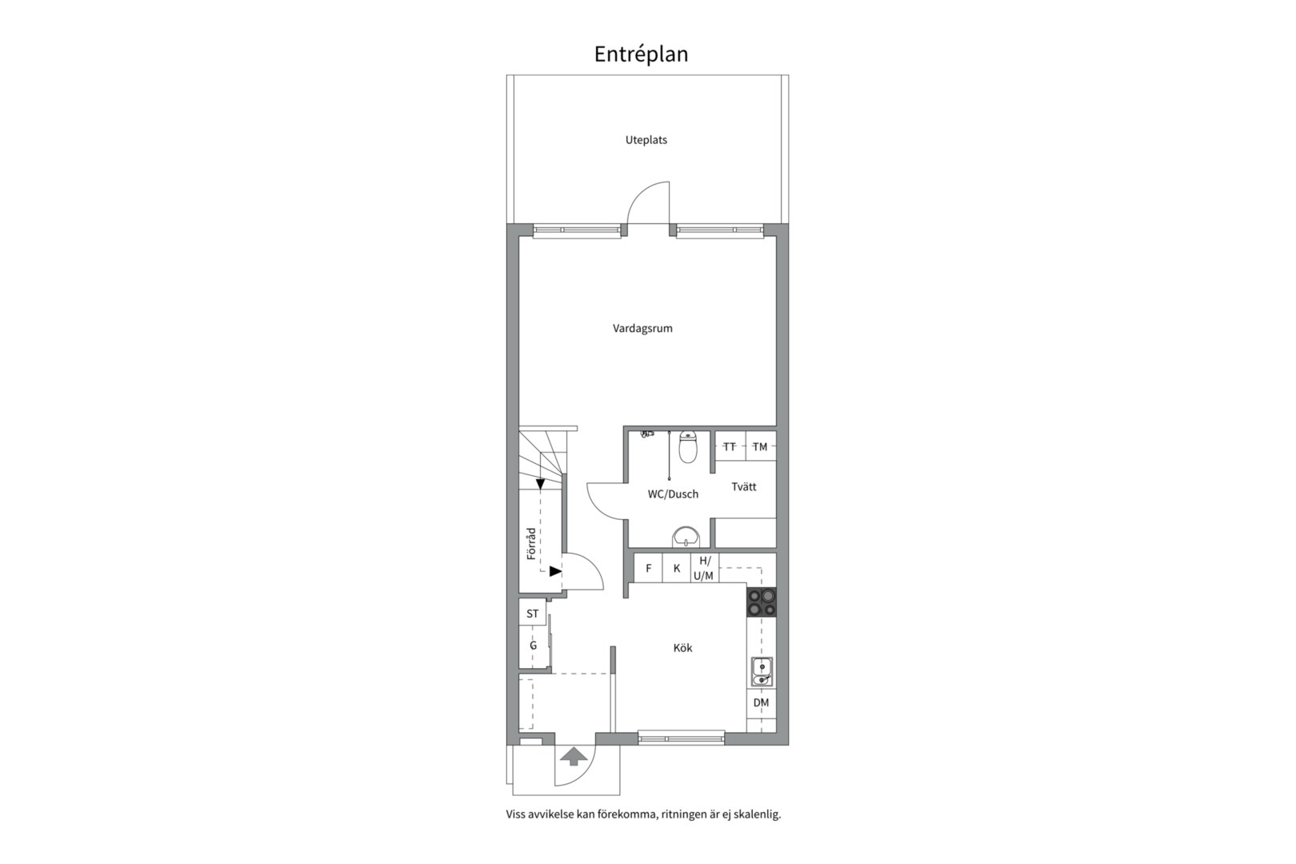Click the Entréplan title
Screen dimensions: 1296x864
[641, 54]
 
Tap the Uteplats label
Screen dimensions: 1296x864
[646, 140]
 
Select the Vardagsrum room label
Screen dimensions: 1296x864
[642, 328]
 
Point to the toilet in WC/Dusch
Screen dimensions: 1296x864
[688, 446]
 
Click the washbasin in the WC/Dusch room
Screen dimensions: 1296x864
[686, 537]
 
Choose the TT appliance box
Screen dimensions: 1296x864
[730, 446]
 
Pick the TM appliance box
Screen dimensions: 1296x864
[760, 446]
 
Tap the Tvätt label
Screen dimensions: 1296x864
[743, 486]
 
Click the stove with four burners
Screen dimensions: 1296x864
[762, 602]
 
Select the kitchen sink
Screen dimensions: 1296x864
[762, 672]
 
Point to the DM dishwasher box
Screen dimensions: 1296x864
[762, 702]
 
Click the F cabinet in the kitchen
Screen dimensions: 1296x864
[649, 568]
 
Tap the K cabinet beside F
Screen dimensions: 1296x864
[676, 568]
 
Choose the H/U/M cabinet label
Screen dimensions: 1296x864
[703, 568]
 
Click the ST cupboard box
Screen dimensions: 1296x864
[532, 614]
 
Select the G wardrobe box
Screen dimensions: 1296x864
[533, 646]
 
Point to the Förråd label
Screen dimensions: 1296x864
[531, 543]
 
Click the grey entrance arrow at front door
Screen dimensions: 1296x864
[574, 756]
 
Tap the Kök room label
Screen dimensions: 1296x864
[682, 648]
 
